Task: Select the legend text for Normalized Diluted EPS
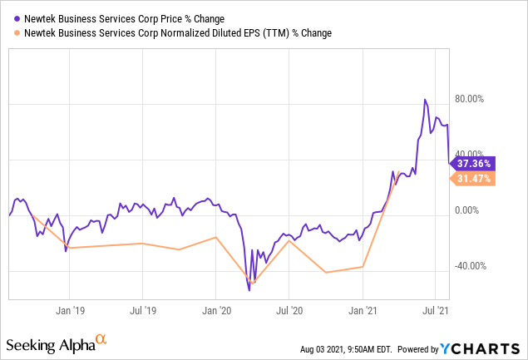click(166, 32)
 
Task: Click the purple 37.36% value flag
click(474, 164)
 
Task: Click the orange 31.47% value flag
click(474, 179)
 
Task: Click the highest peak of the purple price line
click(425, 100)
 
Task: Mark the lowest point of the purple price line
click(249, 290)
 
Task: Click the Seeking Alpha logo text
click(50, 344)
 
